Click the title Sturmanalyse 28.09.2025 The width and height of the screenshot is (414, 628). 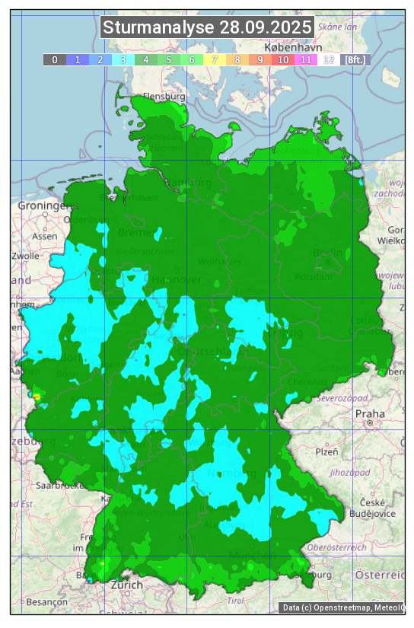[207, 28]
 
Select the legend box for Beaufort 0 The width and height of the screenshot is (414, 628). [54, 59]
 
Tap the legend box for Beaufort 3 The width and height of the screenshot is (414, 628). [123, 59]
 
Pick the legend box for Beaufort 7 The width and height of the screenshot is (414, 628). [215, 59]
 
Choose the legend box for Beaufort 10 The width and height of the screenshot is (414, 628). [283, 59]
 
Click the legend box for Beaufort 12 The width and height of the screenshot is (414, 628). [329, 59]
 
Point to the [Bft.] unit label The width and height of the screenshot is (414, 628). [355, 59]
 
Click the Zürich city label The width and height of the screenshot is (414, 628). [126, 585]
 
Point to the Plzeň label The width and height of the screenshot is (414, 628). [326, 451]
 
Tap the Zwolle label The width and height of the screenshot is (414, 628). [25, 256]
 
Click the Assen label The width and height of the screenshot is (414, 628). [45, 236]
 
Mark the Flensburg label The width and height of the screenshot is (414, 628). [164, 97]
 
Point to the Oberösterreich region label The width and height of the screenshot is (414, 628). [337, 547]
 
